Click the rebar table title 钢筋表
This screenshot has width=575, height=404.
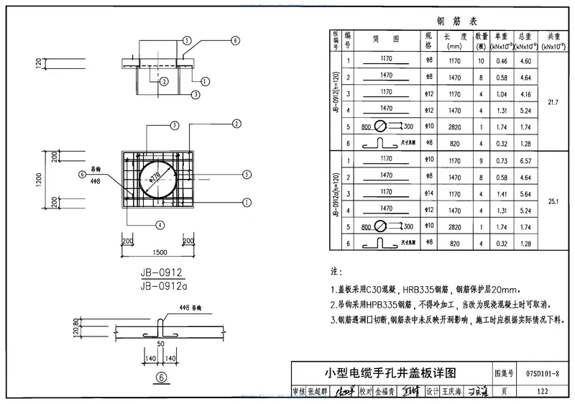click(x=451, y=21)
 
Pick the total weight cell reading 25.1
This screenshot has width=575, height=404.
click(x=553, y=202)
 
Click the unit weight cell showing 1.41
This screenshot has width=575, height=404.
click(x=501, y=193)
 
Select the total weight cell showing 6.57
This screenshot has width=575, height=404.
click(x=525, y=160)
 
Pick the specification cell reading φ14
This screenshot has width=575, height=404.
click(x=428, y=193)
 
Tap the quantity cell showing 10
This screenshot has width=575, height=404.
click(x=480, y=61)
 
